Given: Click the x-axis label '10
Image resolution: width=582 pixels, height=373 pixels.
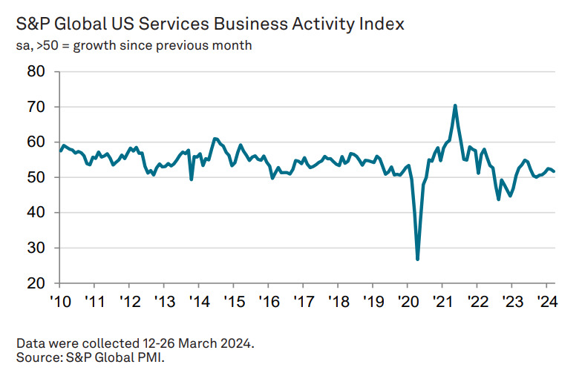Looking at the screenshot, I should click(59, 303).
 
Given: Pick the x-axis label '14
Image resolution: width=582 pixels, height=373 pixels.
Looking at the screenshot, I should click(198, 303).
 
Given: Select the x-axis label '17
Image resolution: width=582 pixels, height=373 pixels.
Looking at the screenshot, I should click(303, 303).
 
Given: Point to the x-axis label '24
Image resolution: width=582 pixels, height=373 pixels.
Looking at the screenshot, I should click(547, 303).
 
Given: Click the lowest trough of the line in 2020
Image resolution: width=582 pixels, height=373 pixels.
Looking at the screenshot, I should click(418, 259).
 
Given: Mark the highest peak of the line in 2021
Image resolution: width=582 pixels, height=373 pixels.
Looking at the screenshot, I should click(455, 105).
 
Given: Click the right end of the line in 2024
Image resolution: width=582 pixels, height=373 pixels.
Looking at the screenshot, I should click(555, 171).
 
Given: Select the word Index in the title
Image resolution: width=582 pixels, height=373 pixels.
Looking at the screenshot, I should click(381, 24).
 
